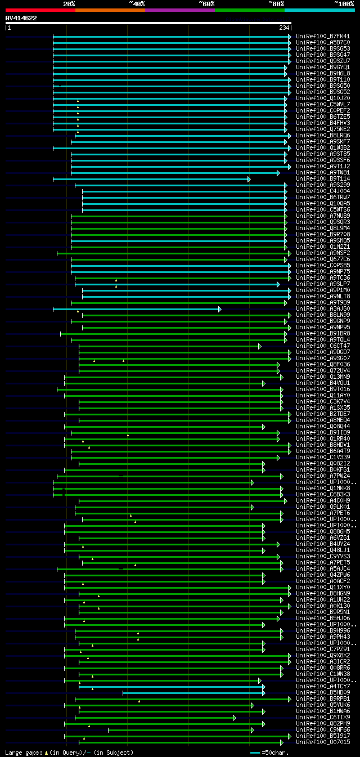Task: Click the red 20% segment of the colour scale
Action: (40, 10)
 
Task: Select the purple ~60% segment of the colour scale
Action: (179, 10)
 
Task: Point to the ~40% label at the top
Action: (137, 4)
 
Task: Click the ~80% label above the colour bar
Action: (276, 4)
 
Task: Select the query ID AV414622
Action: (21, 18)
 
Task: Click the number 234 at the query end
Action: (284, 28)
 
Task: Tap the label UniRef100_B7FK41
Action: (323, 36)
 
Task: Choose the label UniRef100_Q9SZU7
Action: (323, 61)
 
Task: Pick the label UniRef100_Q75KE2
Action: (323, 129)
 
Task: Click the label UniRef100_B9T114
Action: (323, 178)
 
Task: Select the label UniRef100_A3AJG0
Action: (323, 308)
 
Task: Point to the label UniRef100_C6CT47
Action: (323, 346)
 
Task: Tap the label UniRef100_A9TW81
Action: (323, 172)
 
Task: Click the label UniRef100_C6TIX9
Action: (323, 717)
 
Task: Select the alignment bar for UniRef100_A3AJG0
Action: (135, 309)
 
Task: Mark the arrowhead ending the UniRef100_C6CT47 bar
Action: (259, 346)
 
